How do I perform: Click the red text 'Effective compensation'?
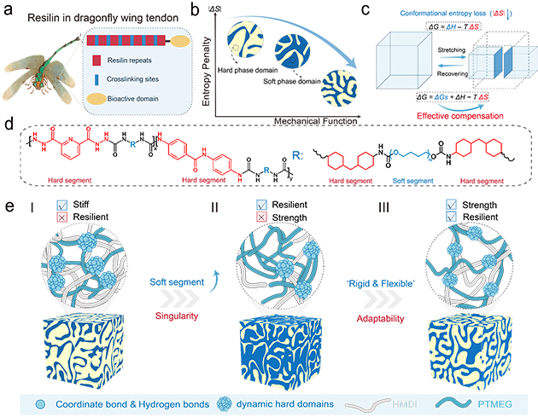point(454,116)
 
